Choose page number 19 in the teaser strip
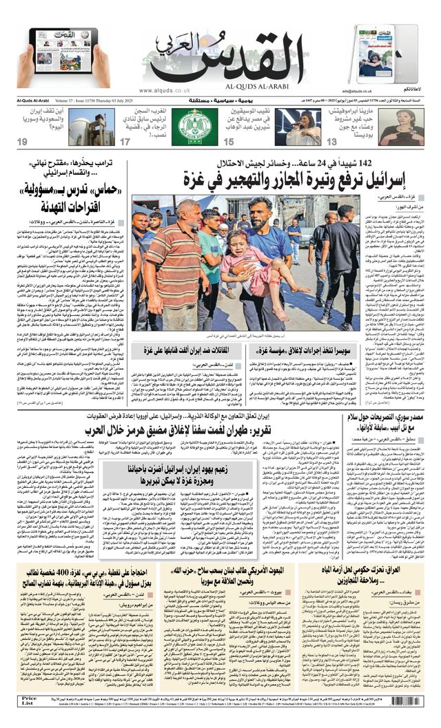(22, 142)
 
